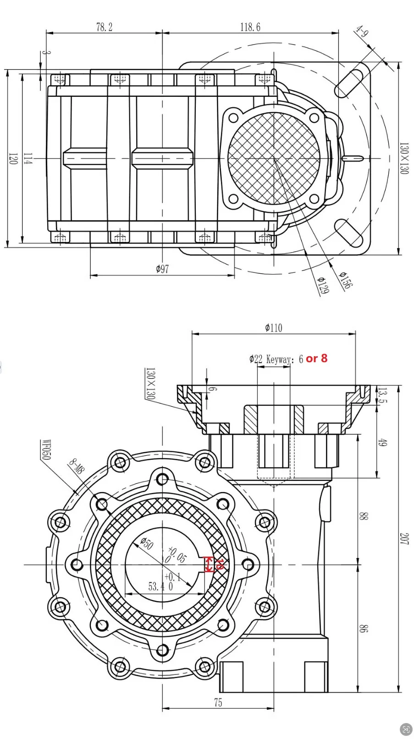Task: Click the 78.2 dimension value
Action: [x=105, y=27]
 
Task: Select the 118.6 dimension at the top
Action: [x=250, y=27]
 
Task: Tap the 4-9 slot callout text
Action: [x=361, y=32]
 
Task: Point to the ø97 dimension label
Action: [x=163, y=269]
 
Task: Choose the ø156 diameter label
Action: [x=345, y=281]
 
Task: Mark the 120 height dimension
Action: [x=13, y=159]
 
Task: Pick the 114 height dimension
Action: [x=28, y=159]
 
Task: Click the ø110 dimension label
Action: [x=274, y=328]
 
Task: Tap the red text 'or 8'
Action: [x=316, y=358]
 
